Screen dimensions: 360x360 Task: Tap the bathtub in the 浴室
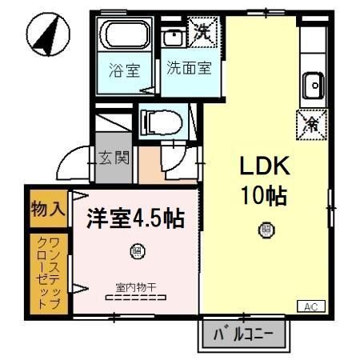pyautogui.click(x=126, y=35)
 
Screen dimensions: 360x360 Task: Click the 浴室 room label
pyautogui.click(x=124, y=69)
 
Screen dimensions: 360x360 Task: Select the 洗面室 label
pyautogui.click(x=189, y=69)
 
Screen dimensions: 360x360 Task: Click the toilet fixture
pyautogui.click(x=155, y=122)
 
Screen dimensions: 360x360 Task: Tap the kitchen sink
pyautogui.click(x=312, y=82)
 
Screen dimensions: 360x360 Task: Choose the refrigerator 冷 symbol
pyautogui.click(x=312, y=124)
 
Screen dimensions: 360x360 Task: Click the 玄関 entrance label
pyautogui.click(x=114, y=158)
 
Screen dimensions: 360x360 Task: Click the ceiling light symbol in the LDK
pyautogui.click(x=264, y=231)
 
